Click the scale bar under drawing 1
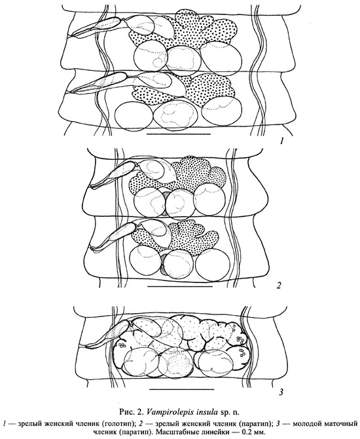[179, 134]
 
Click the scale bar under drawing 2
[179, 287]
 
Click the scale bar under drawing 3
[182, 389]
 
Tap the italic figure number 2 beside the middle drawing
[278, 286]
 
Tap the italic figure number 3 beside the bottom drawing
[281, 392]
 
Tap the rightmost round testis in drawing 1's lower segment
[221, 110]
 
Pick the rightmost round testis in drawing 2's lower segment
[213, 264]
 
